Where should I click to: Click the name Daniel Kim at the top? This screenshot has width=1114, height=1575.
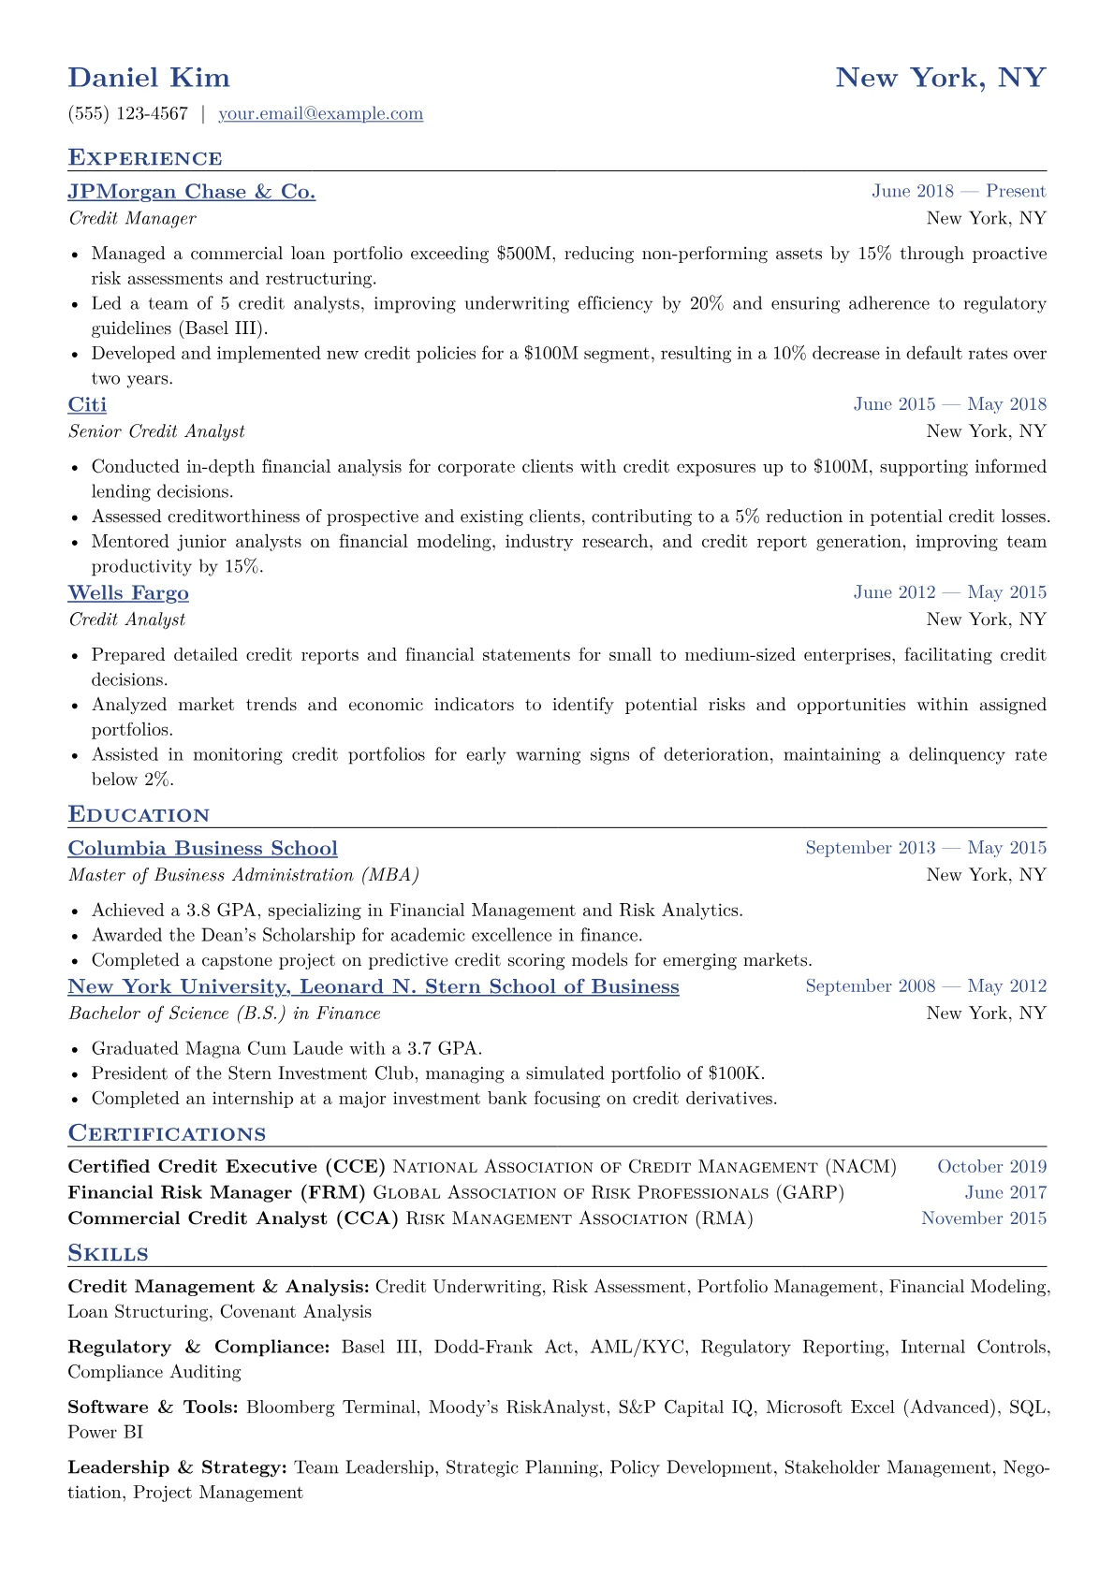[149, 78]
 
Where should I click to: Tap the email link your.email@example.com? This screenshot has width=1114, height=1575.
[320, 114]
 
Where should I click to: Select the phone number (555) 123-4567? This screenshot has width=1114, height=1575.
[128, 114]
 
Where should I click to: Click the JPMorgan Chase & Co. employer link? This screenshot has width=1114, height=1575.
[192, 192]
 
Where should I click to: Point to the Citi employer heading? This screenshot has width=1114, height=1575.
[87, 404]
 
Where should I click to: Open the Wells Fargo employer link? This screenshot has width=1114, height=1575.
[128, 593]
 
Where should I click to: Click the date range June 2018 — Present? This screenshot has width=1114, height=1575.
[959, 192]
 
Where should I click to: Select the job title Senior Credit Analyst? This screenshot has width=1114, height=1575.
[156, 431]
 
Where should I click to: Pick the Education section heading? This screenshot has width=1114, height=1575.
[139, 815]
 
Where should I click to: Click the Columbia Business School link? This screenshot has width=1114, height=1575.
[202, 849]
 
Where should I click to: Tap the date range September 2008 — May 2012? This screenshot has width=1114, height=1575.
[926, 986]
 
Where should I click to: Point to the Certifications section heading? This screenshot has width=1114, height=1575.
[167, 1134]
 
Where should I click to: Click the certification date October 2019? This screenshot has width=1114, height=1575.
[991, 1167]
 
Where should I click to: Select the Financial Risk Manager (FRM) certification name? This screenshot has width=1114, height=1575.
[217, 1192]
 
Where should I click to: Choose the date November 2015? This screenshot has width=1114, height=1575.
[984, 1218]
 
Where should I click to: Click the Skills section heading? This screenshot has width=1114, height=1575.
[108, 1254]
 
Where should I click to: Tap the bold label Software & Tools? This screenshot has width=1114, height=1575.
[153, 1407]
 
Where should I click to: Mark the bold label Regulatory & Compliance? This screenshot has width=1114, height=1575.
[198, 1348]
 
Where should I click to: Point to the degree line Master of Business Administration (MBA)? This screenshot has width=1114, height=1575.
[243, 875]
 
